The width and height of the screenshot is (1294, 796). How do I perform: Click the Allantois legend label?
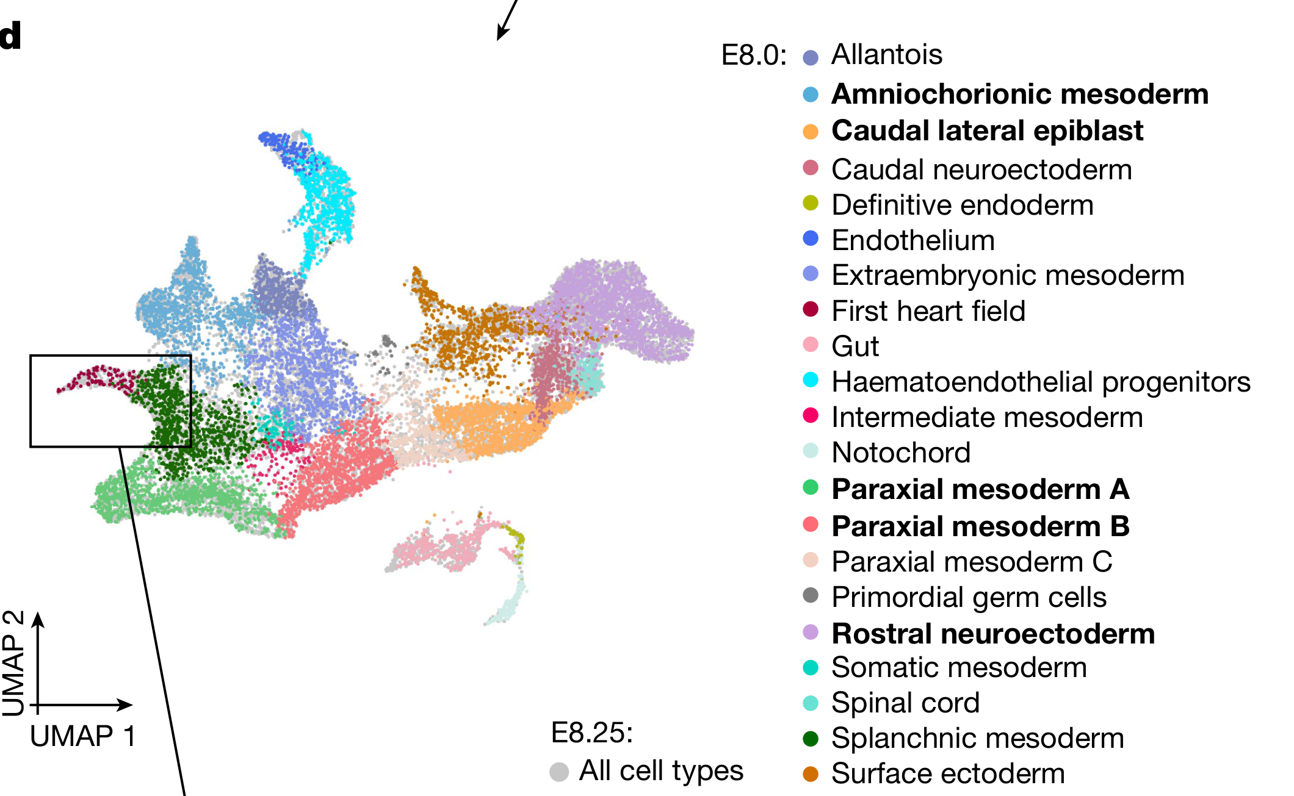tap(886, 55)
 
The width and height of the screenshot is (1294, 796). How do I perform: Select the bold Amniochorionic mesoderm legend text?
tap(1019, 95)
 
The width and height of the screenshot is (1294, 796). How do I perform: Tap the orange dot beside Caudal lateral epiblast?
tap(811, 132)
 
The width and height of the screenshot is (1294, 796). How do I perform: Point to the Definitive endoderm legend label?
tap(962, 206)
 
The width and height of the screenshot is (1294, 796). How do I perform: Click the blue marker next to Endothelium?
tap(811, 238)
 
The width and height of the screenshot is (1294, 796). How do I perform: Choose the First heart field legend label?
tap(928, 311)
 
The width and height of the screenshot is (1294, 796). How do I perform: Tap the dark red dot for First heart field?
tap(811, 309)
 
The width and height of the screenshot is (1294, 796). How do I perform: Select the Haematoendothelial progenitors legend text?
tap(1041, 382)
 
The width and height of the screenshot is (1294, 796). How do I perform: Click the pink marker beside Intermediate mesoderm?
tap(811, 415)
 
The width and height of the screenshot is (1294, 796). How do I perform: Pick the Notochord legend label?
tap(901, 453)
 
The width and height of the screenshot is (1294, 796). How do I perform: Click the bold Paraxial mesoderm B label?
tap(980, 526)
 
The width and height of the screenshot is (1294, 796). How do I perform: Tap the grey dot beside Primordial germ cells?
tap(811, 595)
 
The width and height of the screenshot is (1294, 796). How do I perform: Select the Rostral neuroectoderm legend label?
tap(993, 634)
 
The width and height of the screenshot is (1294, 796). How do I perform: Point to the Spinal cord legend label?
tap(905, 703)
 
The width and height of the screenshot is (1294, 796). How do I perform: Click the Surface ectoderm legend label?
tap(948, 774)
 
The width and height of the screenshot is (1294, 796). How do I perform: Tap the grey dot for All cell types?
tap(559, 772)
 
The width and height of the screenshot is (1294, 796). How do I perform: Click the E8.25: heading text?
tap(591, 733)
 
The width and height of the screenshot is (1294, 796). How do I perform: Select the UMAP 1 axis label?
tap(83, 737)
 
